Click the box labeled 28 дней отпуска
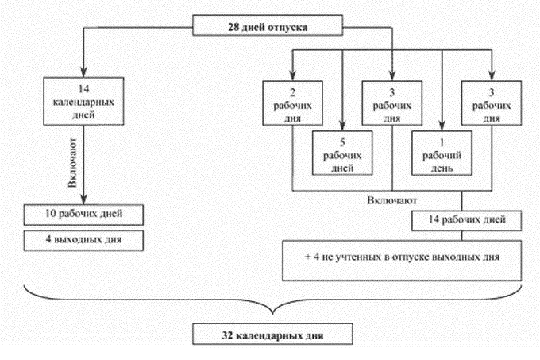268,25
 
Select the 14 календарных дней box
83,101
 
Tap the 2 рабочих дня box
292,103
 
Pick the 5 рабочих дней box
342,153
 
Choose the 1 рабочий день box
442,153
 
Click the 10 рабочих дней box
83,215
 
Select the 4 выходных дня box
83,241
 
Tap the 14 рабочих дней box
467,220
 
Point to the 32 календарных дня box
272,334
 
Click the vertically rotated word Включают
73,163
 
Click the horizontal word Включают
392,200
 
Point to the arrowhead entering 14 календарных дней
83,72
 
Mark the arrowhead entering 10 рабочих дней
83,199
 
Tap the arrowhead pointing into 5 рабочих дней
342,126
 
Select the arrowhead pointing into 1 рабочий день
442,126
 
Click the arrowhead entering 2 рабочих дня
292,75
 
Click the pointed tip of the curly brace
272,314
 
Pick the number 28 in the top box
234,27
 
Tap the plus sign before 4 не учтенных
308,257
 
